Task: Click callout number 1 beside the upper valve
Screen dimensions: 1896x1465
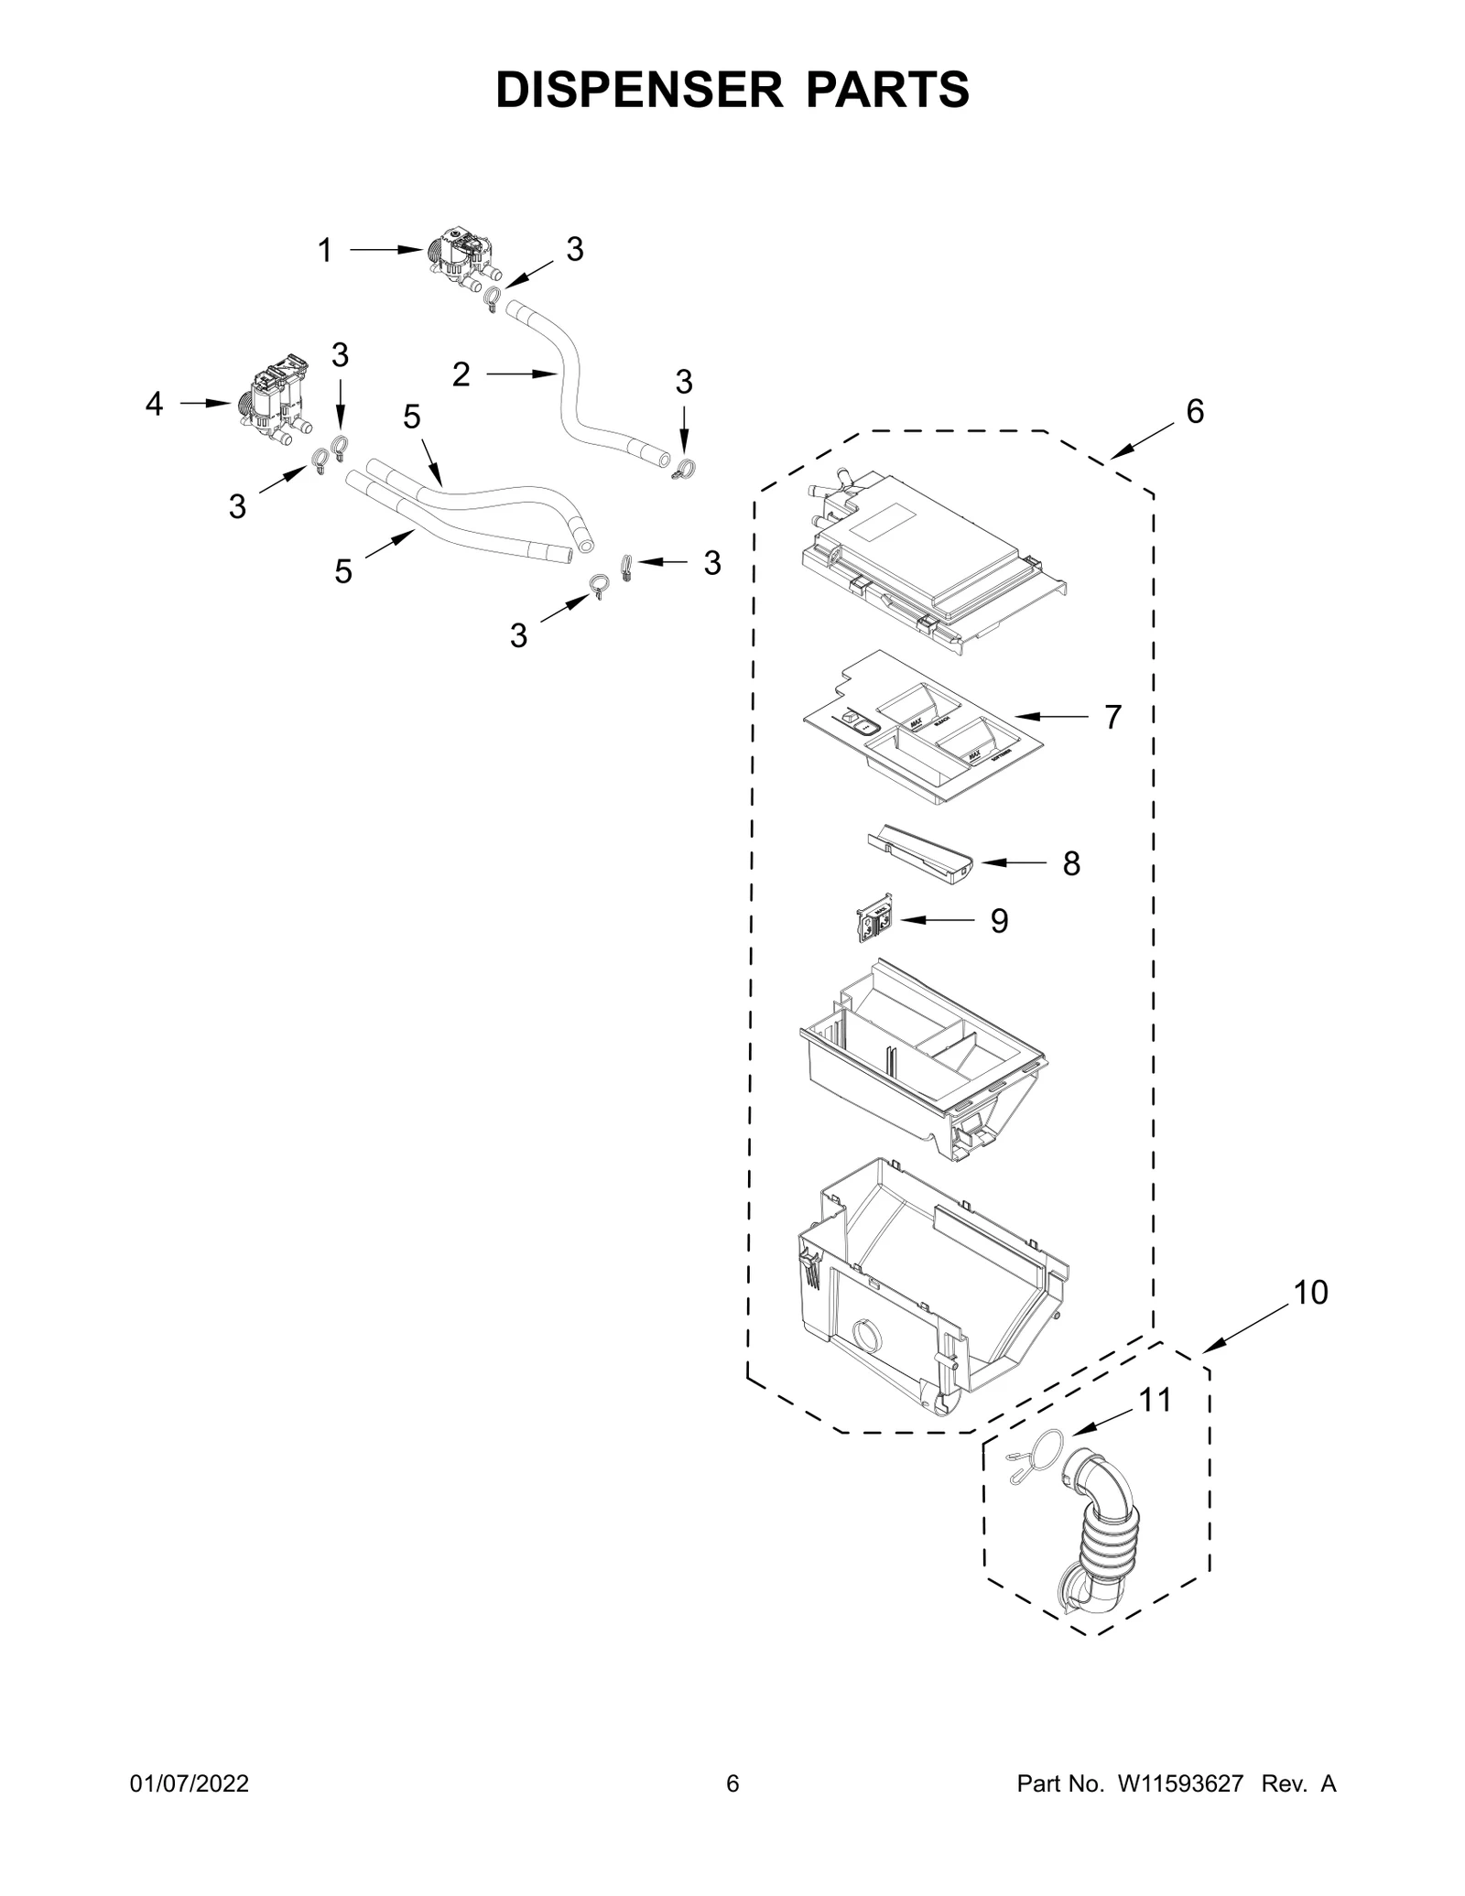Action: (324, 251)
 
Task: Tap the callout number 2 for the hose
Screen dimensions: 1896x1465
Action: (461, 374)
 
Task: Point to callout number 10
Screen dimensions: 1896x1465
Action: (1309, 1293)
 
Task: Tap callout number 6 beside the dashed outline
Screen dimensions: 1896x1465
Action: (1195, 412)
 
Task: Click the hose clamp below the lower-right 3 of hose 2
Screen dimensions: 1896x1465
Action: (683, 471)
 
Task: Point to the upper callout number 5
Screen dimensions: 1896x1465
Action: (412, 417)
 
